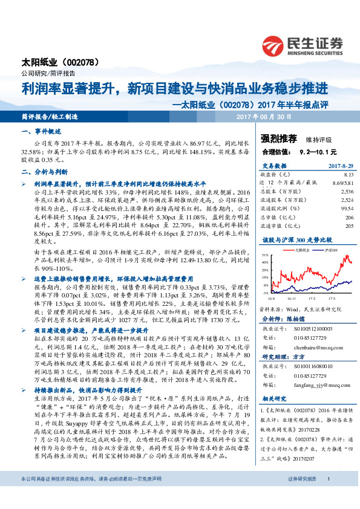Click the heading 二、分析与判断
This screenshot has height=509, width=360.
point(45,171)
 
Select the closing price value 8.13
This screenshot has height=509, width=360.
point(348,173)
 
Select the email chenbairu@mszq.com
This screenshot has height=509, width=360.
point(316,330)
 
